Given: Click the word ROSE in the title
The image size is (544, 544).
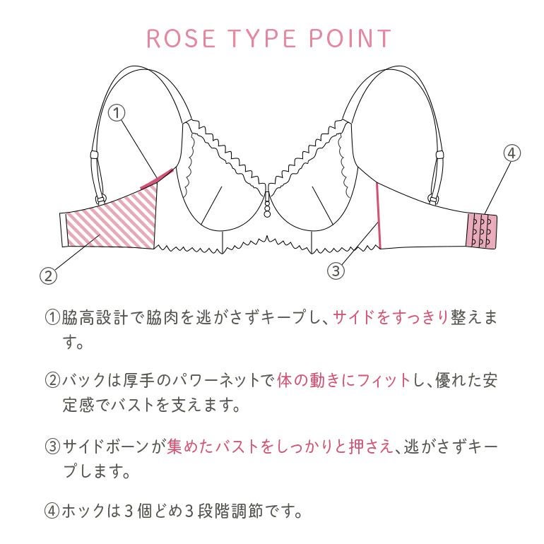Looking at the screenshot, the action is [x=181, y=38].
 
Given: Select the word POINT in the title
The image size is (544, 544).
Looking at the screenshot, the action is [x=350, y=38].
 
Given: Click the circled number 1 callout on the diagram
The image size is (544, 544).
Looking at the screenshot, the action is [x=117, y=113].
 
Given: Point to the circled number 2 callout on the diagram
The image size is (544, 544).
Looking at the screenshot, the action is [x=48, y=276].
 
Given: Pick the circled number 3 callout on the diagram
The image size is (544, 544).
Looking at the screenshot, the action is [x=336, y=271].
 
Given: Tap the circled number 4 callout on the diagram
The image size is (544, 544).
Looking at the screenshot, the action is [x=512, y=153].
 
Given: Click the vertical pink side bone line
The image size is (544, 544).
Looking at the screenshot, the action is [x=378, y=215].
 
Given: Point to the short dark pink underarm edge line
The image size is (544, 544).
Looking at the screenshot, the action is [x=157, y=179].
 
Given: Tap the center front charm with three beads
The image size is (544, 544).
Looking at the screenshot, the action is [x=267, y=205].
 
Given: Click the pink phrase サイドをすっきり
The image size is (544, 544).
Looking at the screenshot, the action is [x=391, y=317].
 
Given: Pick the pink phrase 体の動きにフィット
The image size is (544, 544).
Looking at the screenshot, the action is [x=343, y=381].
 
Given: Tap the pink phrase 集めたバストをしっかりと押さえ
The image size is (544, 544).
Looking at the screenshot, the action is [x=280, y=447].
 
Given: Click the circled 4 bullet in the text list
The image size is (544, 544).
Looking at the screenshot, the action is [x=52, y=511].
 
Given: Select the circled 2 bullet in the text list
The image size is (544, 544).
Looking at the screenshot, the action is [x=52, y=381].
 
